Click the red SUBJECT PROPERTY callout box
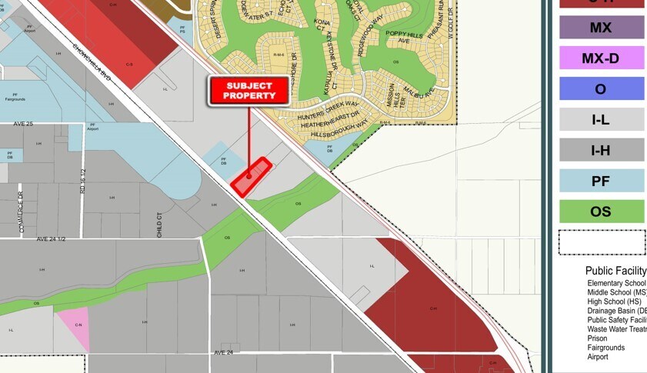tap(248, 91)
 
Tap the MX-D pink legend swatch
tap(601, 58)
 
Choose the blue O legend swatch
tap(601, 88)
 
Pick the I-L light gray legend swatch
tap(601, 119)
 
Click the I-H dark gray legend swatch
tap(601, 150)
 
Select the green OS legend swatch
tap(601, 211)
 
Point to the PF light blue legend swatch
tap(601, 181)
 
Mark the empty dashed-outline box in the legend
tap(601, 242)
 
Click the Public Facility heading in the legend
tap(615, 271)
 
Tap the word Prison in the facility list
tap(597, 338)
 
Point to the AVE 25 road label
tap(24, 124)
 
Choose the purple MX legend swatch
tap(601, 28)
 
